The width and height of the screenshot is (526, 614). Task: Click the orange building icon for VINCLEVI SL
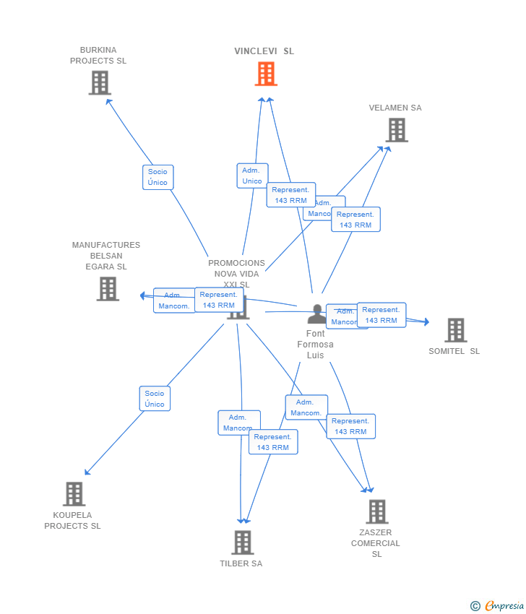[266, 74]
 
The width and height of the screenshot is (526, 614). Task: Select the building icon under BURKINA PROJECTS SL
[100, 83]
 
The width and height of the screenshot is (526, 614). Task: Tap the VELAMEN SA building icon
[396, 130]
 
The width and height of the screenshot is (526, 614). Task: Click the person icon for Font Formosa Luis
[316, 314]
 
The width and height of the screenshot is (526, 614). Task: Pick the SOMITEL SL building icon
[455, 330]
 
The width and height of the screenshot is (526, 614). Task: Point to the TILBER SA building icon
[242, 542]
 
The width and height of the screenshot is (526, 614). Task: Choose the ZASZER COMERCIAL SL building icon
[376, 511]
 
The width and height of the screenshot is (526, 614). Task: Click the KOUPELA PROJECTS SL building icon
[74, 494]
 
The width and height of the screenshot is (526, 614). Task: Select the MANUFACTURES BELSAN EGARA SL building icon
[108, 289]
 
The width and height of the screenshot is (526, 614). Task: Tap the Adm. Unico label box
[252, 176]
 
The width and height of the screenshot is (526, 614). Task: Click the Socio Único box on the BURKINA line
[158, 177]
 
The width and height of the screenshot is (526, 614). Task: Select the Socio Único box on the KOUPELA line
[155, 399]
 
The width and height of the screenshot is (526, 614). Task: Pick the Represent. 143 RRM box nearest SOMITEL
[381, 315]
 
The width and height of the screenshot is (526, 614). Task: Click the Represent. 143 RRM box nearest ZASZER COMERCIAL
[350, 426]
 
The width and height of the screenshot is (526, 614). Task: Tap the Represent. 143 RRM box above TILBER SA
[273, 442]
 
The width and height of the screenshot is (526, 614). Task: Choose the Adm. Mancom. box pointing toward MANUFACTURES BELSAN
[173, 300]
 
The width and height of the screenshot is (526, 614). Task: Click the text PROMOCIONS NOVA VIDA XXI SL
[236, 274]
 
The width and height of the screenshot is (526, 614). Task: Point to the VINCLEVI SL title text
[264, 51]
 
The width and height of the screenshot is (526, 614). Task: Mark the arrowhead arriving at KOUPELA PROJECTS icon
[87, 473]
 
